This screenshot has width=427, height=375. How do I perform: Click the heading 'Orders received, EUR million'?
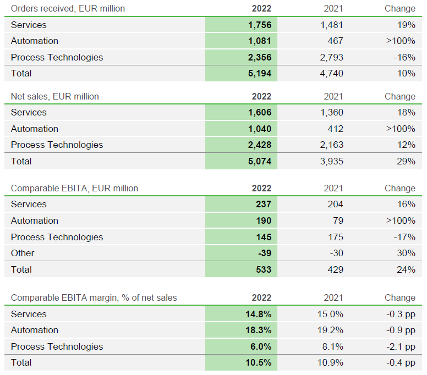pyautogui.click(x=68, y=8)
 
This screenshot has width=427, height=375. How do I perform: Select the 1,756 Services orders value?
pyautogui.click(x=260, y=25)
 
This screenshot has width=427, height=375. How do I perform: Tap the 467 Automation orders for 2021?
pyautogui.click(x=335, y=41)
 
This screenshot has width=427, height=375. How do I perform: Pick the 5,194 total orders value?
pyautogui.click(x=260, y=73)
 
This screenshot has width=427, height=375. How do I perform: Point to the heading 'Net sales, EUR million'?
pyautogui.click(x=55, y=96)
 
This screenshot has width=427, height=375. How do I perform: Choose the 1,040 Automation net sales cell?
pyautogui.click(x=260, y=129)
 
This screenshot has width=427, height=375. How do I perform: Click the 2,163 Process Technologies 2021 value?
pyautogui.click(x=331, y=145)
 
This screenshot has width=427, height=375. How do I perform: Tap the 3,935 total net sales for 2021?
pyautogui.click(x=331, y=161)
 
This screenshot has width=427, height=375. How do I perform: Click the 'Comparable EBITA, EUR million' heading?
pyautogui.click(x=74, y=188)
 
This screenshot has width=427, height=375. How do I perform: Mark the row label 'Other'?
pyautogui.click(x=23, y=253)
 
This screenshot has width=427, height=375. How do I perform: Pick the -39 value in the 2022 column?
pyautogui.click(x=263, y=253)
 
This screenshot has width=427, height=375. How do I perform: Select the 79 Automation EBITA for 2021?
pyautogui.click(x=337, y=220)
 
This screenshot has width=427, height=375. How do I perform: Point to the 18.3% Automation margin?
pyautogui.click(x=258, y=330)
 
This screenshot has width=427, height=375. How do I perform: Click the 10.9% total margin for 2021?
pyautogui.click(x=331, y=362)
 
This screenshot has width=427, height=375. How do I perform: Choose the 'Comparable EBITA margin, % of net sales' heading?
pyautogui.click(x=94, y=297)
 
